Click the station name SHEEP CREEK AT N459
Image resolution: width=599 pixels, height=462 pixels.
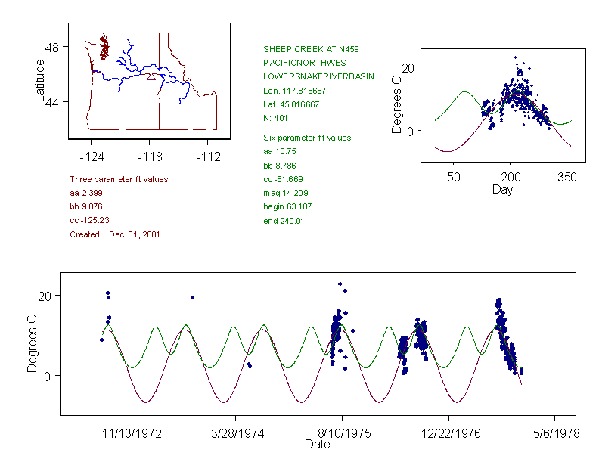click(x=300, y=49)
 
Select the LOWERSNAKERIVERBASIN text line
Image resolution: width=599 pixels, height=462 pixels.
click(x=318, y=77)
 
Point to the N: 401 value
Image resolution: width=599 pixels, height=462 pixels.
click(x=276, y=119)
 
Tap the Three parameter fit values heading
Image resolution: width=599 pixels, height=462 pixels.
click(x=119, y=179)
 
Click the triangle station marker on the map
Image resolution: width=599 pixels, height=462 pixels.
click(x=151, y=76)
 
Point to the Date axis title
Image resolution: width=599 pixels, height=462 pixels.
click(x=317, y=445)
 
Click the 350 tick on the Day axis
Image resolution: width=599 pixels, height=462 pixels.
click(x=566, y=177)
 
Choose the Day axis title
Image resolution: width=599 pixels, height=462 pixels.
click(x=502, y=190)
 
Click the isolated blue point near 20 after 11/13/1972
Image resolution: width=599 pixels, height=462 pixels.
click(x=193, y=297)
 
